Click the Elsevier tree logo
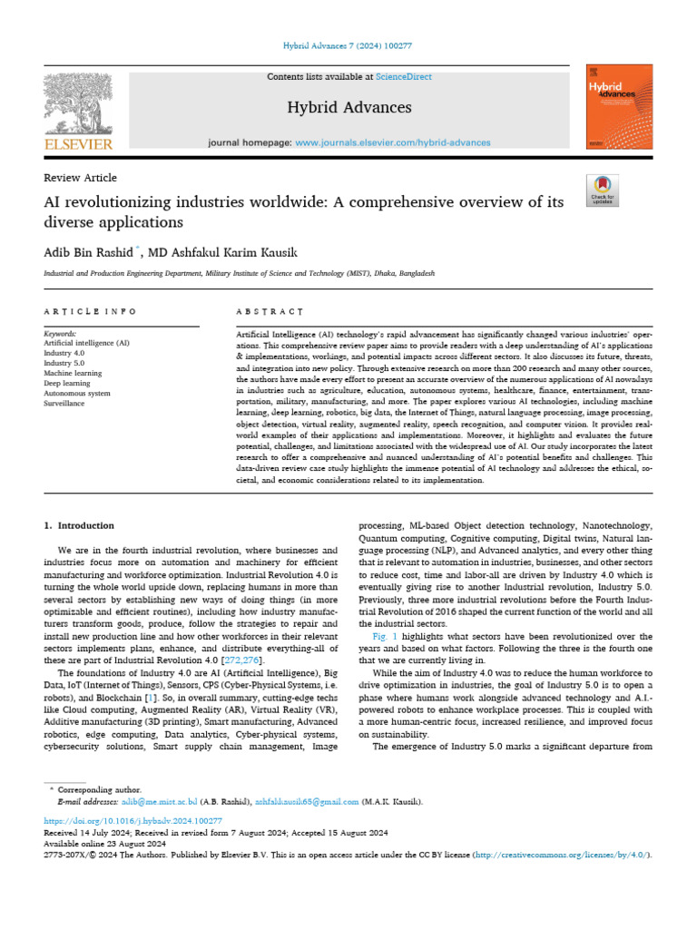click(x=79, y=107)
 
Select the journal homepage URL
click(x=393, y=142)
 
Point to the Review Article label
click(x=80, y=178)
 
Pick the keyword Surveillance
click(x=65, y=403)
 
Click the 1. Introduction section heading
click(x=80, y=525)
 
